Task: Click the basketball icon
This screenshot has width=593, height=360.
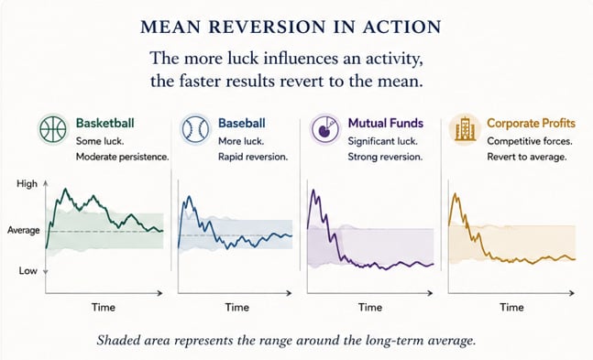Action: point(53,129)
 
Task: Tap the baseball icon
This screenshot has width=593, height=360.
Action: point(195,129)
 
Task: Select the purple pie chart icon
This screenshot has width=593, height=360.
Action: point(324,129)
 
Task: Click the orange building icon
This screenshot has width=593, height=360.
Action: point(465,129)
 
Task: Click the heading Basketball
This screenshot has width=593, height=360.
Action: point(105,123)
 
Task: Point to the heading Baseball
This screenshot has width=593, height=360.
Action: point(242,123)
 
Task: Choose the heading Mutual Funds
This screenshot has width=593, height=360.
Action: point(385,123)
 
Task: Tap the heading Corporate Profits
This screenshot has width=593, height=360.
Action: point(531,123)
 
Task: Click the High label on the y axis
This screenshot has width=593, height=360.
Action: point(27,184)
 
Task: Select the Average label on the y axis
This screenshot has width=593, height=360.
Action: point(24,230)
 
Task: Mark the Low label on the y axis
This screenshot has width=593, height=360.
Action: point(28,271)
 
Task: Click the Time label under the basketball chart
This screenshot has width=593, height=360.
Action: point(104,307)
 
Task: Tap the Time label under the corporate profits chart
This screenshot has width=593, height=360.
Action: point(511,307)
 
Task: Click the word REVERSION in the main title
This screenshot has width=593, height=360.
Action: point(267,27)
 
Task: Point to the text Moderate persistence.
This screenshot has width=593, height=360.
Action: point(123,157)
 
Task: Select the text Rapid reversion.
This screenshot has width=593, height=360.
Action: point(253,157)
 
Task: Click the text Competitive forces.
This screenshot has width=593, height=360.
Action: point(530,141)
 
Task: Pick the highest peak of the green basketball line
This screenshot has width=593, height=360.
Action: point(66,189)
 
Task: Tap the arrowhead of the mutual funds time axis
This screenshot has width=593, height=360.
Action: point(430,293)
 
